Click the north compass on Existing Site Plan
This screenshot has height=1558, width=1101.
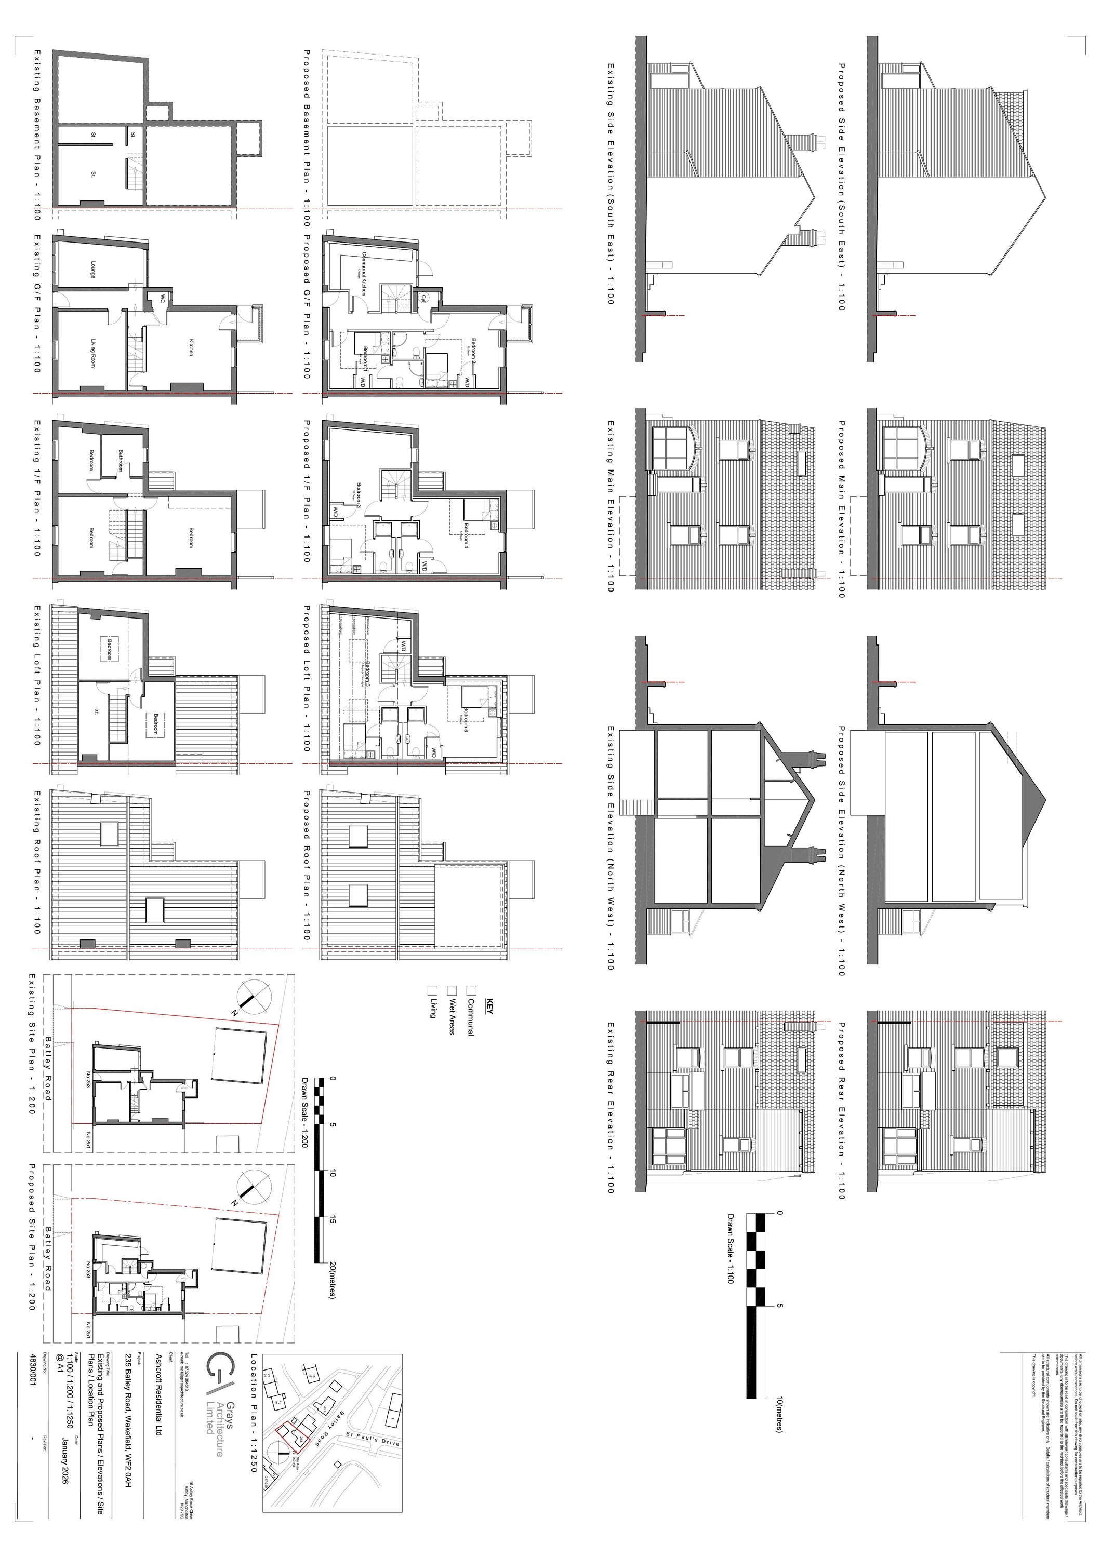(x=250, y=998)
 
